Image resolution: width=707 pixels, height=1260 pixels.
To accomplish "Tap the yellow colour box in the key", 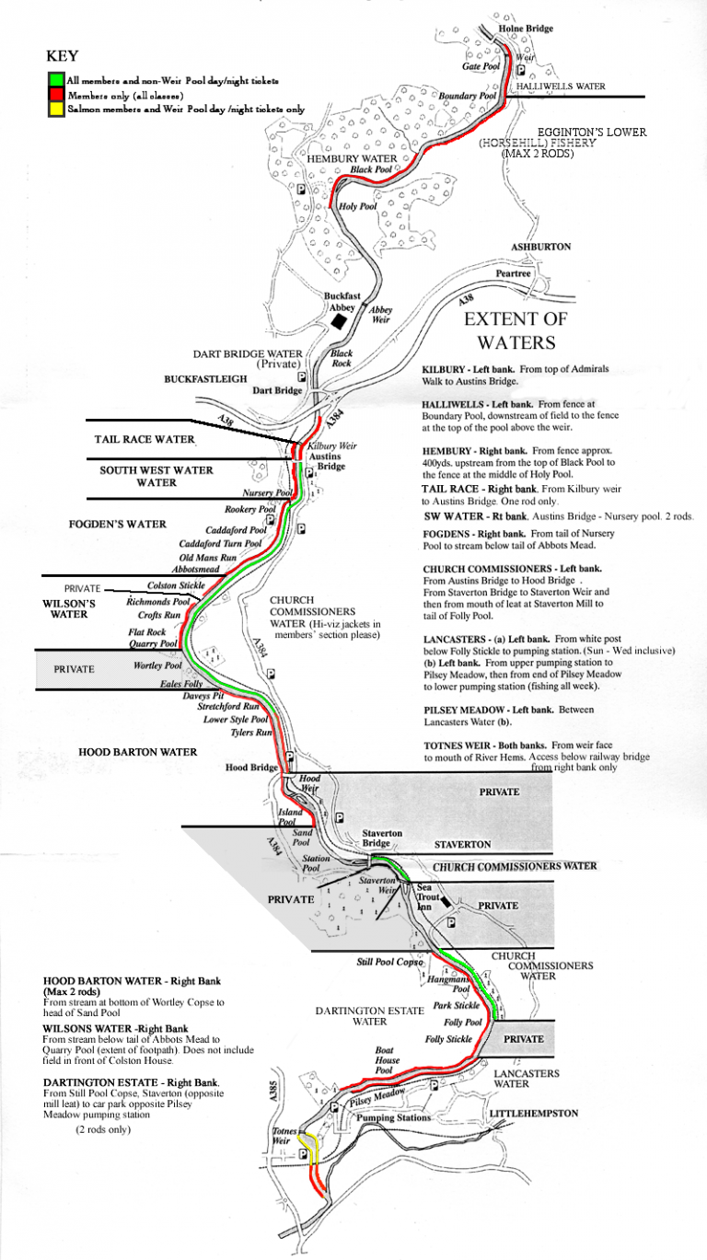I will click(56, 109).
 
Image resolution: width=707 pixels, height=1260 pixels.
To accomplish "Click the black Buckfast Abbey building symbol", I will click(339, 321).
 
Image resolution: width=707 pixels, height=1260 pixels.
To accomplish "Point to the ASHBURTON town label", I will click(541, 248).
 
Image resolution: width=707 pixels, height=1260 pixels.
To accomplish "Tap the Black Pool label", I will click(371, 170).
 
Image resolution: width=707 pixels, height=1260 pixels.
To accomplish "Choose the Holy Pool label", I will click(358, 206).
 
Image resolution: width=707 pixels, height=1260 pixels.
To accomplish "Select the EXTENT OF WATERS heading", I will click(516, 331).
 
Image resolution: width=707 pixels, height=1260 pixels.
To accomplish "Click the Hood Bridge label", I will click(251, 768).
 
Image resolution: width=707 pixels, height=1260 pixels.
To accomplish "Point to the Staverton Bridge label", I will click(381, 838).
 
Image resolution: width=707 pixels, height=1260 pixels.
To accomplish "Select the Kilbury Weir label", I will click(332, 445).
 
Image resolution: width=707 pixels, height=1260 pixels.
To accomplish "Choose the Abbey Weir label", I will click(380, 315).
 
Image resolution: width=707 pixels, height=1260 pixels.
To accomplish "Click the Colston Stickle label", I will click(176, 585).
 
